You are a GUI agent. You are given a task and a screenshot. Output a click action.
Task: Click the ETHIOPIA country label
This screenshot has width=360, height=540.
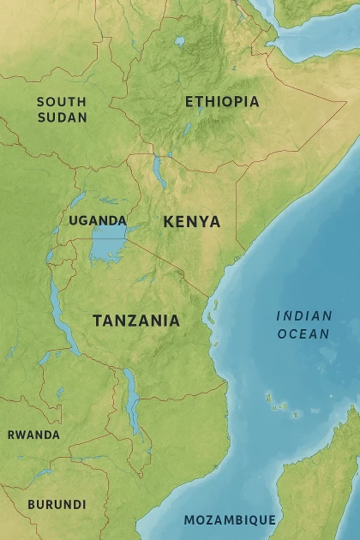(x=222, y=101)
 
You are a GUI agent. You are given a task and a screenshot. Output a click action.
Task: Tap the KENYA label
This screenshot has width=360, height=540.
(x=192, y=222)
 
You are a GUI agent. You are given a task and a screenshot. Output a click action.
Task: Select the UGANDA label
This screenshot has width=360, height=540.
(x=98, y=220)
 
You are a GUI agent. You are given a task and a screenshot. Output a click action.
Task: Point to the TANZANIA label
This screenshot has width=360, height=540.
(x=136, y=321)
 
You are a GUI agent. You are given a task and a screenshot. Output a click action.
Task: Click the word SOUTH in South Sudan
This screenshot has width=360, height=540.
(x=62, y=102)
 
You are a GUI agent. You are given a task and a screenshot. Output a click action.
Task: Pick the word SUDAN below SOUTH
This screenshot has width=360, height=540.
(x=62, y=117)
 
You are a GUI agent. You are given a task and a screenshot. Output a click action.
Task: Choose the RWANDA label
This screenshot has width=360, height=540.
(x=33, y=435)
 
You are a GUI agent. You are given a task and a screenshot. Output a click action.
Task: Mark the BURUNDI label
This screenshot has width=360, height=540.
(x=57, y=504)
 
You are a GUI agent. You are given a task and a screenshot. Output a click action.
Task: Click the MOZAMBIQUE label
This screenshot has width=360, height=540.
(x=230, y=519)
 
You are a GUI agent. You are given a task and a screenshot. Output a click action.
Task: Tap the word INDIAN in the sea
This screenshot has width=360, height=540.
(x=303, y=316)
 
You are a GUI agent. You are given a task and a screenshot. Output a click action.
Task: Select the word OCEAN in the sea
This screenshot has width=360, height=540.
(x=303, y=333)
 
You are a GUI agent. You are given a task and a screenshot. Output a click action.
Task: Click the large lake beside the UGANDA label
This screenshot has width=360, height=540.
(x=109, y=247)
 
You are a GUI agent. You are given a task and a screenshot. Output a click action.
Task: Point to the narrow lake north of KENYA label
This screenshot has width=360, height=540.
(x=159, y=171)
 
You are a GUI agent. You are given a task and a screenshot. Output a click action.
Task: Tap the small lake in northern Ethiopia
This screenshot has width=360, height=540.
(x=179, y=40)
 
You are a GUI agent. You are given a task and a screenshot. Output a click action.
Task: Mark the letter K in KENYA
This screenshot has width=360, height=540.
(x=169, y=222)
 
